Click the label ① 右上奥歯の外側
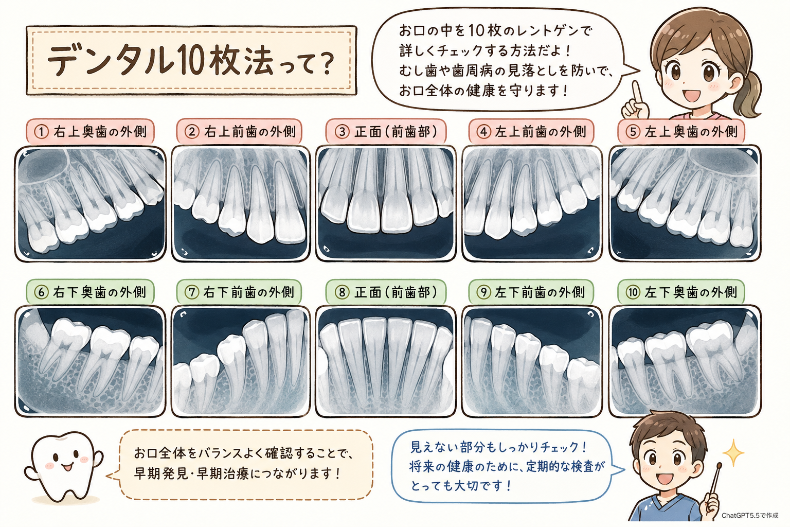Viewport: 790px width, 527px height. (91, 132)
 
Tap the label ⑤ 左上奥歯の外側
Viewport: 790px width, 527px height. (681, 132)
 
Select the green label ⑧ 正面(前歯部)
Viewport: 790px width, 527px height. (386, 292)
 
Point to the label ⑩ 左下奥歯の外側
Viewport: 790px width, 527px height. (681, 292)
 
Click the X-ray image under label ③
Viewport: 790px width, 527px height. (386, 203)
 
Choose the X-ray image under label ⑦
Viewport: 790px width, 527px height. (241, 361)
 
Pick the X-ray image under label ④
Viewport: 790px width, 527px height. (532, 203)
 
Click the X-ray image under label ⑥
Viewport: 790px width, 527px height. (91, 361)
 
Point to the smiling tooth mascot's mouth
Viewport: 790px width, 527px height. (67, 467)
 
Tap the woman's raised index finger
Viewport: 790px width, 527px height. (637, 93)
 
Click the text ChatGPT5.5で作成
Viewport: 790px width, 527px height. (750, 516)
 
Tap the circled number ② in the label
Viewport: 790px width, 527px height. (192, 132)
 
